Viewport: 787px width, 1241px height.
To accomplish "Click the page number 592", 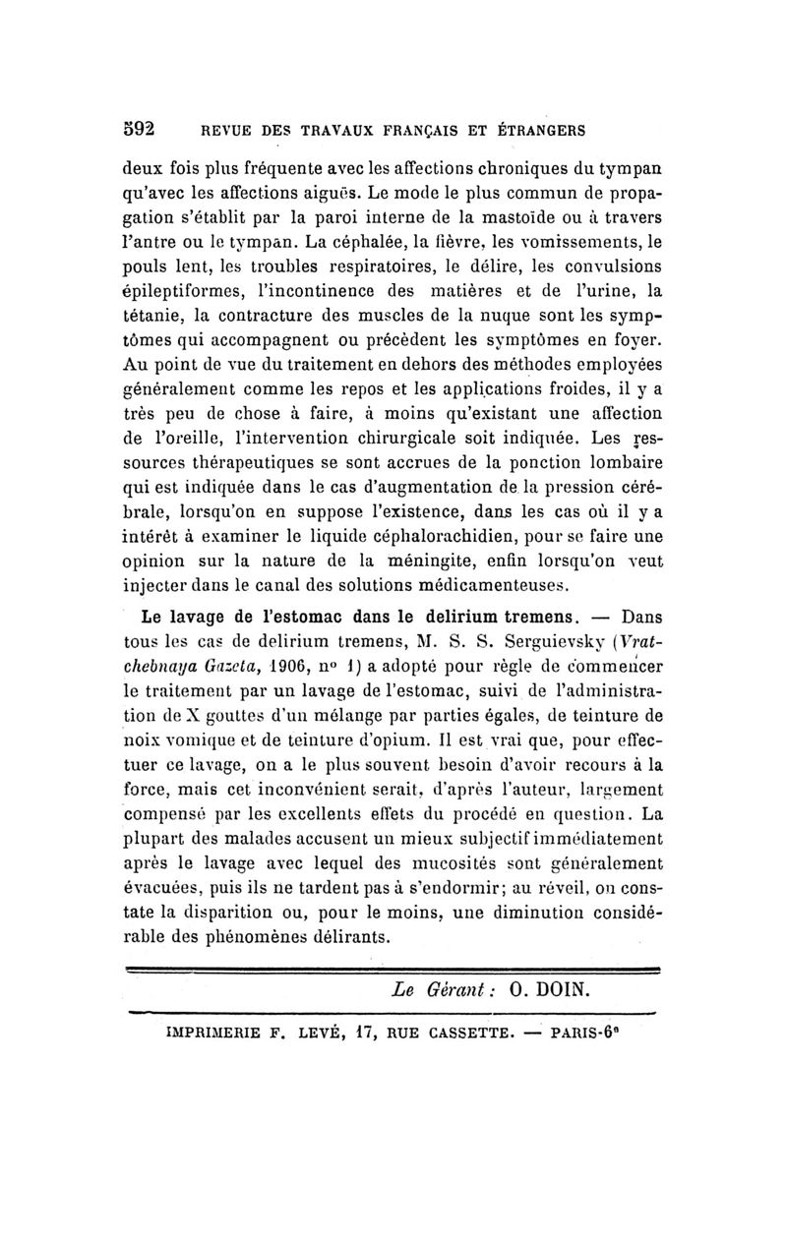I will pos(142,128).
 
